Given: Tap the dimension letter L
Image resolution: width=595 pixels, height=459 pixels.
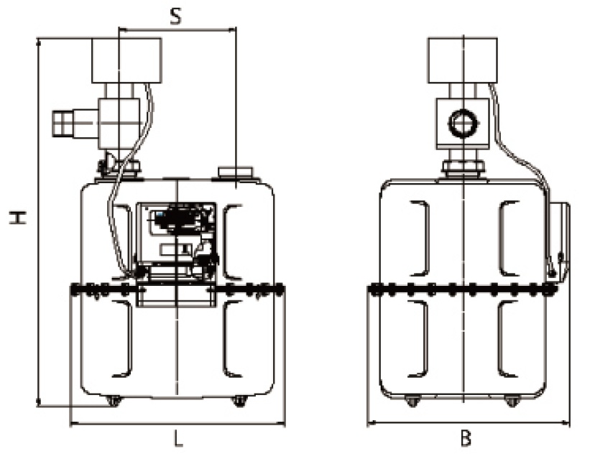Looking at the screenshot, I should (x=178, y=438).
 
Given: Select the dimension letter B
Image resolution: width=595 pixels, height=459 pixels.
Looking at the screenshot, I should (x=466, y=437).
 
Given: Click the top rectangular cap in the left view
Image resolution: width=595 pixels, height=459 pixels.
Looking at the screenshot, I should (x=126, y=60).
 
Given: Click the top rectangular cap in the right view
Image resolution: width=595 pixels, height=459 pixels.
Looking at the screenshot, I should (x=463, y=60).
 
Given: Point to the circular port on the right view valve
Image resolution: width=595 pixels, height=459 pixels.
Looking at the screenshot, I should (x=461, y=123).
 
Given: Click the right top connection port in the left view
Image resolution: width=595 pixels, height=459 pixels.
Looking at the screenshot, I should (x=235, y=172).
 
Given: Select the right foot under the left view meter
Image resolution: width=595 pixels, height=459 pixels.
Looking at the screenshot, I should (x=239, y=401).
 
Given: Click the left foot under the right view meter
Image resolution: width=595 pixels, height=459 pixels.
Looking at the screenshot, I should (x=412, y=401).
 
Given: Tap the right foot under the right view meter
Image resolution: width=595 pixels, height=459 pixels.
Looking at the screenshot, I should (x=512, y=401).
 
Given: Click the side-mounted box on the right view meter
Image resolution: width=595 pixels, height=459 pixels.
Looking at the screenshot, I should (x=559, y=241).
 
